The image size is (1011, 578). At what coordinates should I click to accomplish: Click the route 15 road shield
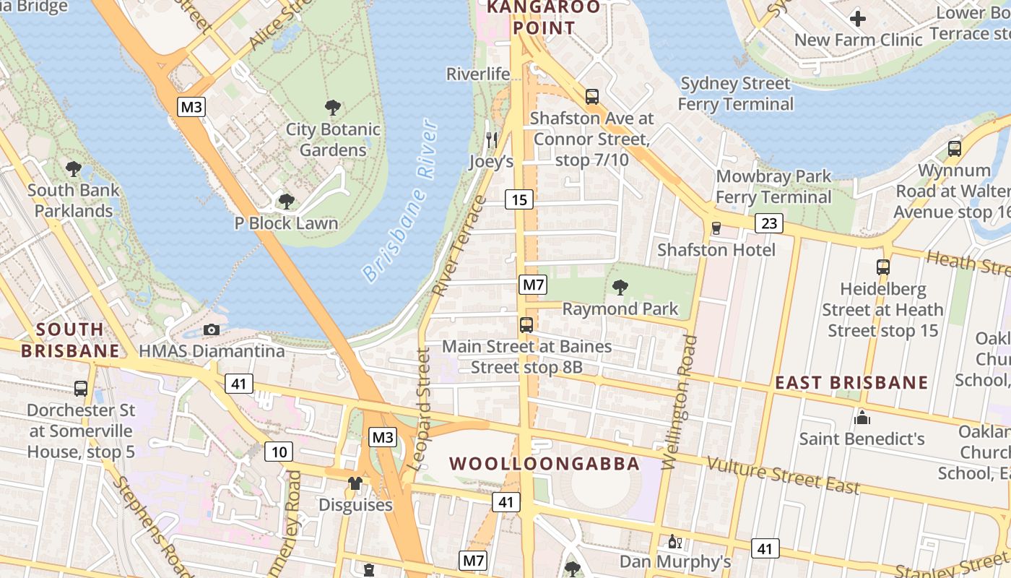(519, 199)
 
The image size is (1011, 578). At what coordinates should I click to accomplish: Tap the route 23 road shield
(768, 223)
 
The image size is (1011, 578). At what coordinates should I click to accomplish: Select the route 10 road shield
(278, 452)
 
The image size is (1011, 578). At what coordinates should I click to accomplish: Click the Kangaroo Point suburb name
(544, 18)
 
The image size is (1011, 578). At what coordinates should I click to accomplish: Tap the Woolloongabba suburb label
(544, 464)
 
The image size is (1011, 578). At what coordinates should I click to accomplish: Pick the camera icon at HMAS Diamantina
(212, 329)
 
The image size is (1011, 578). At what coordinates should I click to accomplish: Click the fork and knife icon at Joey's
(492, 139)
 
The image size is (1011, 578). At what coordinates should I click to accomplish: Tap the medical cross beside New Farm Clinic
(858, 18)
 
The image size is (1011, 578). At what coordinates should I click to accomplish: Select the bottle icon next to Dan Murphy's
(674, 541)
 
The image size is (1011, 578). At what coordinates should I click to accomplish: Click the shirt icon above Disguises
(355, 483)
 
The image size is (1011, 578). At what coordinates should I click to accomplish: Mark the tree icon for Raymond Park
(620, 288)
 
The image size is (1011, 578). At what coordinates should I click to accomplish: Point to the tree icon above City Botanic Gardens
(333, 108)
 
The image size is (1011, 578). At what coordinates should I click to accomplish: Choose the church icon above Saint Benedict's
(862, 418)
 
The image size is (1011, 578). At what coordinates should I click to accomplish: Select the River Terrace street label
(459, 246)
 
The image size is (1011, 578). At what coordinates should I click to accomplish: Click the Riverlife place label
(478, 74)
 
